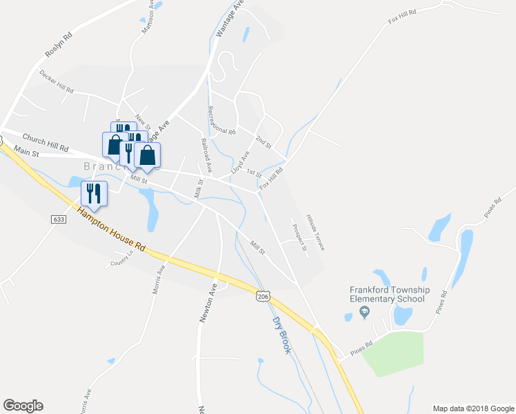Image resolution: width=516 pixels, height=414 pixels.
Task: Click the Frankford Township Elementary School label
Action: [x=395, y=295]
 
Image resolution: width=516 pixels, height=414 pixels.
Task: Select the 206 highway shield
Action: [x=261, y=296]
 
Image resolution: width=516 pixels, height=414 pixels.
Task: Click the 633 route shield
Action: [x=58, y=219]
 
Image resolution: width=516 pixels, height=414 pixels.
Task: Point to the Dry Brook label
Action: [x=280, y=335]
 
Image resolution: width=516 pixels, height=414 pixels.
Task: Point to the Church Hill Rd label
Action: [x=46, y=143]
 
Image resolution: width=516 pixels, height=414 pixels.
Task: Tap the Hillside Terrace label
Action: [x=315, y=231]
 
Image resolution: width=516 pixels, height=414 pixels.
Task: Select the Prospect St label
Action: [x=299, y=237]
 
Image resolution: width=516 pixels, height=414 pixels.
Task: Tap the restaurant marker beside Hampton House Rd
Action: [x=95, y=194]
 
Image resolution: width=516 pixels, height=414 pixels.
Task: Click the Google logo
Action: [x=23, y=406]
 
